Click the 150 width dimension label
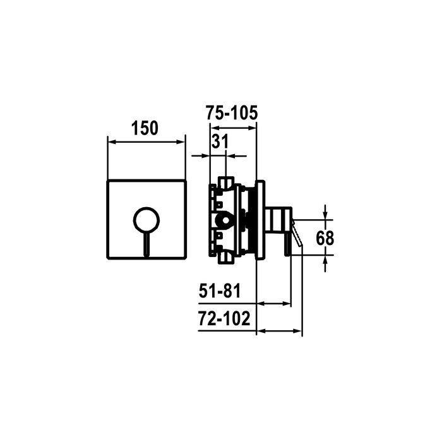145,128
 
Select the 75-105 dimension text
232,113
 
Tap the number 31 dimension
220,141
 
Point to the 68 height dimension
325,238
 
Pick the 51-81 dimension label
220,291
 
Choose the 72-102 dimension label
224,318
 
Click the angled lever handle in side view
297,233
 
